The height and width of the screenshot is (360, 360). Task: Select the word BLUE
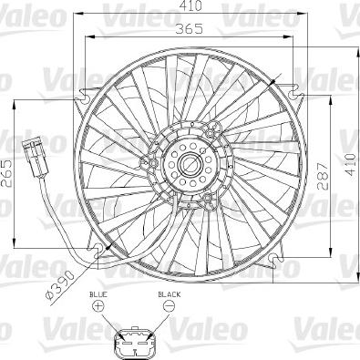coord(98,296)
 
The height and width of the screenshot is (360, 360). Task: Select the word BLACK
coord(169,296)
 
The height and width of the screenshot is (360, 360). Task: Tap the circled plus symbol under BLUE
coord(98,310)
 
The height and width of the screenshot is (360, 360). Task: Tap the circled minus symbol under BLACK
coord(168,310)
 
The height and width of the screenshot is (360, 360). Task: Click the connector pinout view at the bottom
coord(133,344)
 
